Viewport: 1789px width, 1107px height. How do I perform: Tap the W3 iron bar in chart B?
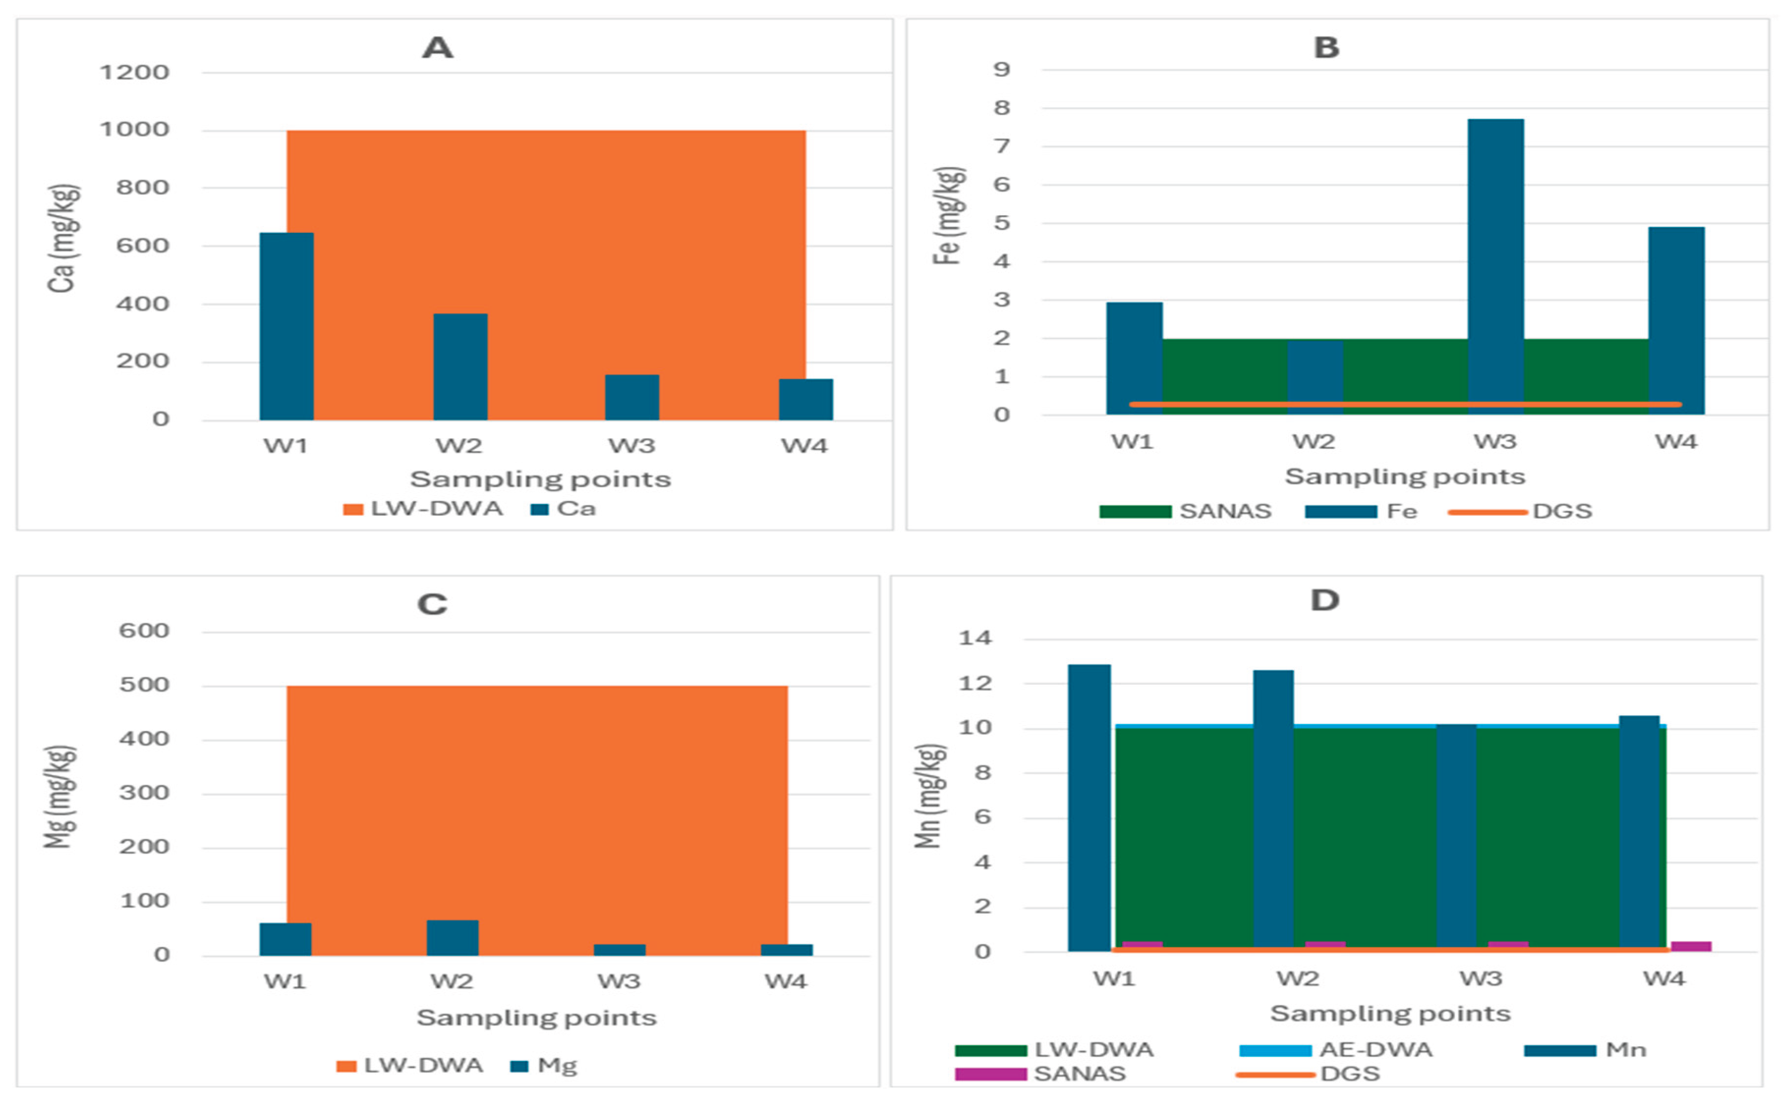(x=1495, y=267)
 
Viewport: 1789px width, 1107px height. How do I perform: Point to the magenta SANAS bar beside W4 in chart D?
(x=1690, y=946)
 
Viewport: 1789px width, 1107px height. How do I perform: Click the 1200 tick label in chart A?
(x=134, y=73)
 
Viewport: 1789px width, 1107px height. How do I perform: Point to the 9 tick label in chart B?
(x=1001, y=70)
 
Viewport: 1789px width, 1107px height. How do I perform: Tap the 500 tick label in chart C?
(x=144, y=685)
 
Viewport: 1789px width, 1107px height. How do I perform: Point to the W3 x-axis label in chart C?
(x=619, y=981)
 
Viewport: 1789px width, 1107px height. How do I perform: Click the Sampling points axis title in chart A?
(x=540, y=479)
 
